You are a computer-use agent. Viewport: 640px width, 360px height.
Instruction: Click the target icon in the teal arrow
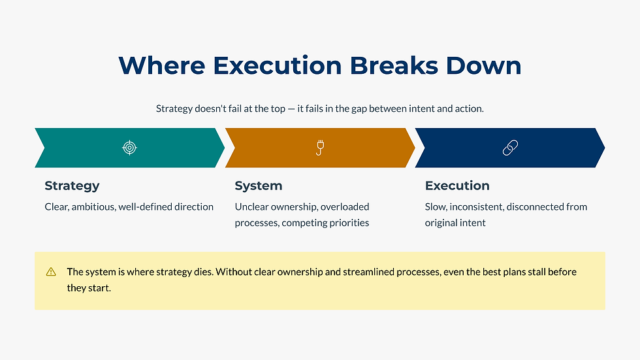(129, 148)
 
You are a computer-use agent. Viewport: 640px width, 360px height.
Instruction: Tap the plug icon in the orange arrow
(319, 148)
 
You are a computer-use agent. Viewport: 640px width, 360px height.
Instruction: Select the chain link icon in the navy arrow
(510, 148)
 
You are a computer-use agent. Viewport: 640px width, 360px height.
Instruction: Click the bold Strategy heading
(72, 186)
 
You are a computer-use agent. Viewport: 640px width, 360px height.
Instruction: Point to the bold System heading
(258, 186)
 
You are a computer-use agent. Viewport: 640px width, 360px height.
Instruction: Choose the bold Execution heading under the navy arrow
(456, 186)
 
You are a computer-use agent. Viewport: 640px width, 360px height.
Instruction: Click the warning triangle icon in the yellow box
(51, 272)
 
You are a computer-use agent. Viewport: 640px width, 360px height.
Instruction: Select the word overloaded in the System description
(345, 207)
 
